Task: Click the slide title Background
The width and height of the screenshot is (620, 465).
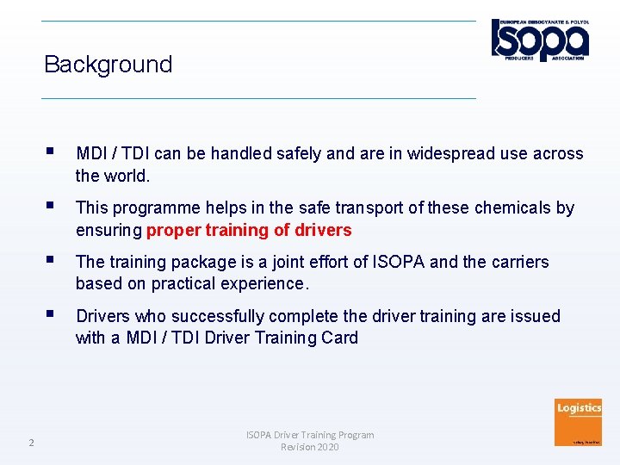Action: (108, 65)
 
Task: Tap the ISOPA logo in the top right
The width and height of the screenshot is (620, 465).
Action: (540, 39)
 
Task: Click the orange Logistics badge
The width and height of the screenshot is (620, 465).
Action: (579, 422)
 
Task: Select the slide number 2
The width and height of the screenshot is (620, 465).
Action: (31, 443)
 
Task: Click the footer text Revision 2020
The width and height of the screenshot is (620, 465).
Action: (310, 447)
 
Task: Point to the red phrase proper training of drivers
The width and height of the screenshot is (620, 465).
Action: (249, 230)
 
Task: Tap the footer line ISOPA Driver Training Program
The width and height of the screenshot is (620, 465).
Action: (310, 435)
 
